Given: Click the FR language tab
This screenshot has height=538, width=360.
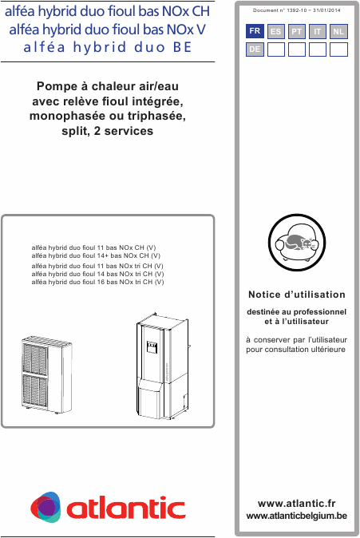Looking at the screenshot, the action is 255,31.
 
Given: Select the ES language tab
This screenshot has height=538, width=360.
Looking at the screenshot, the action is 276,31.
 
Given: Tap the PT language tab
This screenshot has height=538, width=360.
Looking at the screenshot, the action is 297,31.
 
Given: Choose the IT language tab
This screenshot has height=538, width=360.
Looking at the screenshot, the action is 318,31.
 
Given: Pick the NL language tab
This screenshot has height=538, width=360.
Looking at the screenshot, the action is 338,31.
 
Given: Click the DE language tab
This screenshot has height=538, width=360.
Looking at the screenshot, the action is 255,49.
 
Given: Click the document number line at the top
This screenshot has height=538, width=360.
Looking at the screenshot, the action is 296,10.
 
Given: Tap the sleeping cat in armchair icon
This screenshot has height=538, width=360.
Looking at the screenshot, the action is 296,239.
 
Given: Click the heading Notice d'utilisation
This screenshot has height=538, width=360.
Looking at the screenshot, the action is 297,295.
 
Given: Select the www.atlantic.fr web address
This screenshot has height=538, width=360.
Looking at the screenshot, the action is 297,504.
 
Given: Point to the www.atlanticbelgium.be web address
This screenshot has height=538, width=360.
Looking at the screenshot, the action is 297,516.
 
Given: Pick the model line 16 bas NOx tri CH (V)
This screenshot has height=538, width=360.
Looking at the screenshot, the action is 97,283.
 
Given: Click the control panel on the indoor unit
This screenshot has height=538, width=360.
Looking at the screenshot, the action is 152,346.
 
